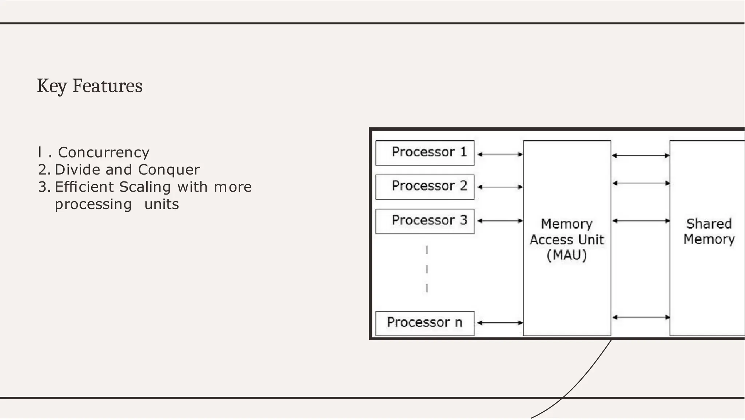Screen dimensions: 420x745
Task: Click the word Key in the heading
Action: [x=52, y=86]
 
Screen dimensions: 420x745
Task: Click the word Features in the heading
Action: [x=107, y=86]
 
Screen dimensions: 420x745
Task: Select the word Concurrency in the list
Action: [x=104, y=152]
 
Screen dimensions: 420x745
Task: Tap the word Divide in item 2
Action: [x=77, y=170]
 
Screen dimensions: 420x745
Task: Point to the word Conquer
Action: [x=169, y=170]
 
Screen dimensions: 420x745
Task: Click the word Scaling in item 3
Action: [x=145, y=187]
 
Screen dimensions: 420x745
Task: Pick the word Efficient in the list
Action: [x=84, y=187]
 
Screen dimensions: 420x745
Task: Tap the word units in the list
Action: [x=162, y=204]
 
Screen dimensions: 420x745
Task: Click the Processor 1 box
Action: [x=425, y=153]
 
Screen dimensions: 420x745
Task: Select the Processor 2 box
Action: [x=425, y=187]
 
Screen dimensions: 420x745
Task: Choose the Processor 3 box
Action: [x=425, y=221]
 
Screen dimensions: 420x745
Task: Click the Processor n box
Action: [x=425, y=323]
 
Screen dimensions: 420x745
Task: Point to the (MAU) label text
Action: [x=567, y=255]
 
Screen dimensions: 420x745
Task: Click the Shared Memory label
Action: [x=709, y=232]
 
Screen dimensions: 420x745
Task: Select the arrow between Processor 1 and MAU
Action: [x=500, y=154]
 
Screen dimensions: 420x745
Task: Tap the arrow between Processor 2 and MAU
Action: [x=500, y=187]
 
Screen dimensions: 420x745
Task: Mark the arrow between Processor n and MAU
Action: [x=500, y=323]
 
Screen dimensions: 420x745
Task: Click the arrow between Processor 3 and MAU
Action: [x=500, y=221]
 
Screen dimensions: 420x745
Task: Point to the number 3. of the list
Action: [x=44, y=187]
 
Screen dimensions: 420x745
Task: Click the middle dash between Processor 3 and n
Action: [x=427, y=269]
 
